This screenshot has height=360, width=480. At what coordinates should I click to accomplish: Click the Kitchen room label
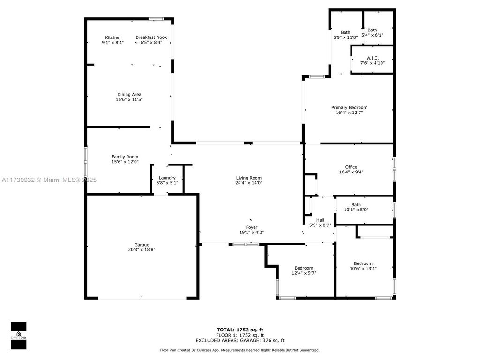coord(112,37)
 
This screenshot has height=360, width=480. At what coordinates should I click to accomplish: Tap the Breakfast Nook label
coord(151,37)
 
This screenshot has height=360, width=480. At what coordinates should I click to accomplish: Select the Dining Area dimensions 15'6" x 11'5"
coord(129,100)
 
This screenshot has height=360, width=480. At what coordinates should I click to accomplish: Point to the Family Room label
coord(125,157)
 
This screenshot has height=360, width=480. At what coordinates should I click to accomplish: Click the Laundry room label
coord(167,178)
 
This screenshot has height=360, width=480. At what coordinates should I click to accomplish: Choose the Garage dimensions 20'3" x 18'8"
coord(142,250)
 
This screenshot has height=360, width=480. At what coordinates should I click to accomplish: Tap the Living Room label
coord(248,178)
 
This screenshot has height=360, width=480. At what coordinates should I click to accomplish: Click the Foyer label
coord(252,227)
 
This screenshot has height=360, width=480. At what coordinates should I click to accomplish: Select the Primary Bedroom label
coord(349,107)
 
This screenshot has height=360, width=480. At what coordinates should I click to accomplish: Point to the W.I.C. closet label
coord(372,58)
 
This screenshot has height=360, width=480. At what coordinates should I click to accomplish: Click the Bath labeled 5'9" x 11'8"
coord(345,32)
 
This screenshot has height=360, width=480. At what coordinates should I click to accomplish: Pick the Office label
coord(351,167)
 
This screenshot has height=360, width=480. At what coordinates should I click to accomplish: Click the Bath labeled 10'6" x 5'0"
coord(356,204)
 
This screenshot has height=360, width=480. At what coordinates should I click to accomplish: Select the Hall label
coord(320,220)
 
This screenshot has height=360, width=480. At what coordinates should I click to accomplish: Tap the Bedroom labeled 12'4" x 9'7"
coord(304,268)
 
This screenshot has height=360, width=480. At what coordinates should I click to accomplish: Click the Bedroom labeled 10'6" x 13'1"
coord(363,263)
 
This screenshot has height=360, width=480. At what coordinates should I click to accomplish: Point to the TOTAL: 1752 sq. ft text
coord(243,330)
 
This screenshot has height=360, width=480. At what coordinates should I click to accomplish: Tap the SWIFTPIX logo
coord(18,335)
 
